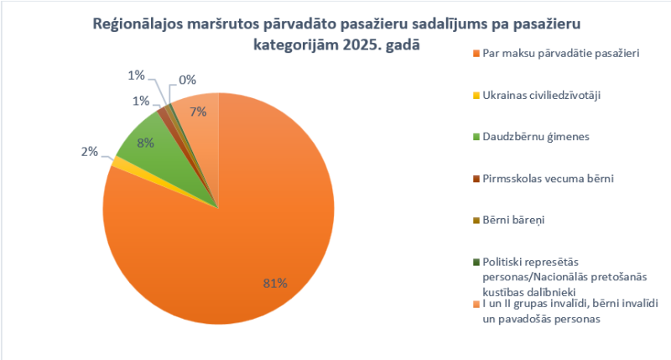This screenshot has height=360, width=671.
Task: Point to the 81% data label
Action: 276,284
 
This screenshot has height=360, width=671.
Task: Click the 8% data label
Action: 145,143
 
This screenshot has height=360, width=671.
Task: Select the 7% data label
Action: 199,112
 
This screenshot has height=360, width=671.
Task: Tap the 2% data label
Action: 89,152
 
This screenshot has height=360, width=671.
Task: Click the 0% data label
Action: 187,81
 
